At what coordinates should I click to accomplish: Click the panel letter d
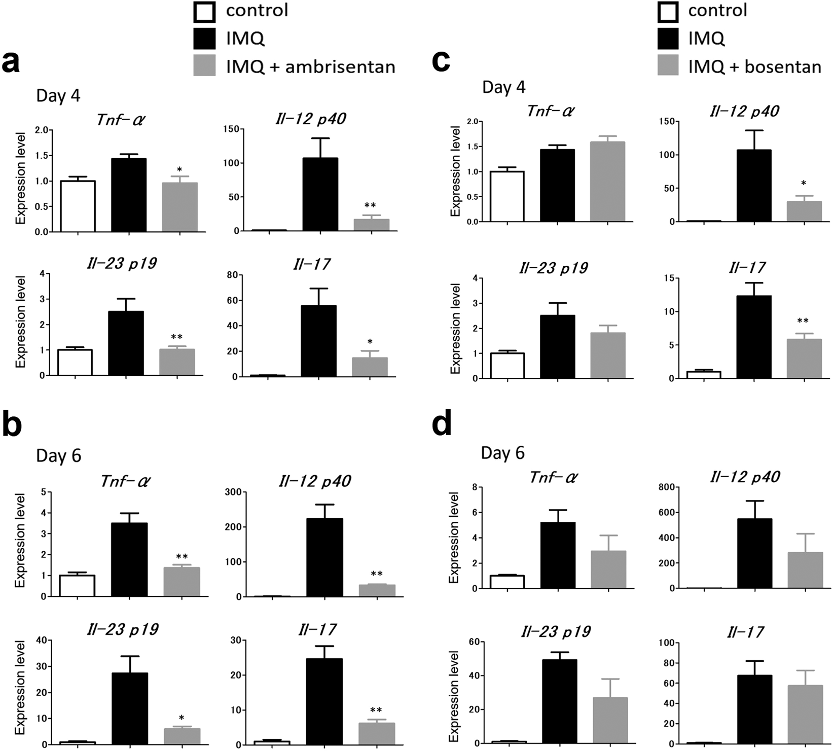tap(442, 425)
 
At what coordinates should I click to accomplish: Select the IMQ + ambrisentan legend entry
tap(294, 66)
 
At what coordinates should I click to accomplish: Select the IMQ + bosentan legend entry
tap(740, 66)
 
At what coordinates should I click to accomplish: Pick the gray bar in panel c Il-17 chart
tap(804, 359)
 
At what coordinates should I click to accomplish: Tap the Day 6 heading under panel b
tap(59, 456)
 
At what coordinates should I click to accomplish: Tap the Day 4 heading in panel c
tap(503, 87)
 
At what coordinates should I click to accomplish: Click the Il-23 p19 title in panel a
tap(120, 264)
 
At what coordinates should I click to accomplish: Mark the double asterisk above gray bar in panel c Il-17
tap(803, 321)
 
